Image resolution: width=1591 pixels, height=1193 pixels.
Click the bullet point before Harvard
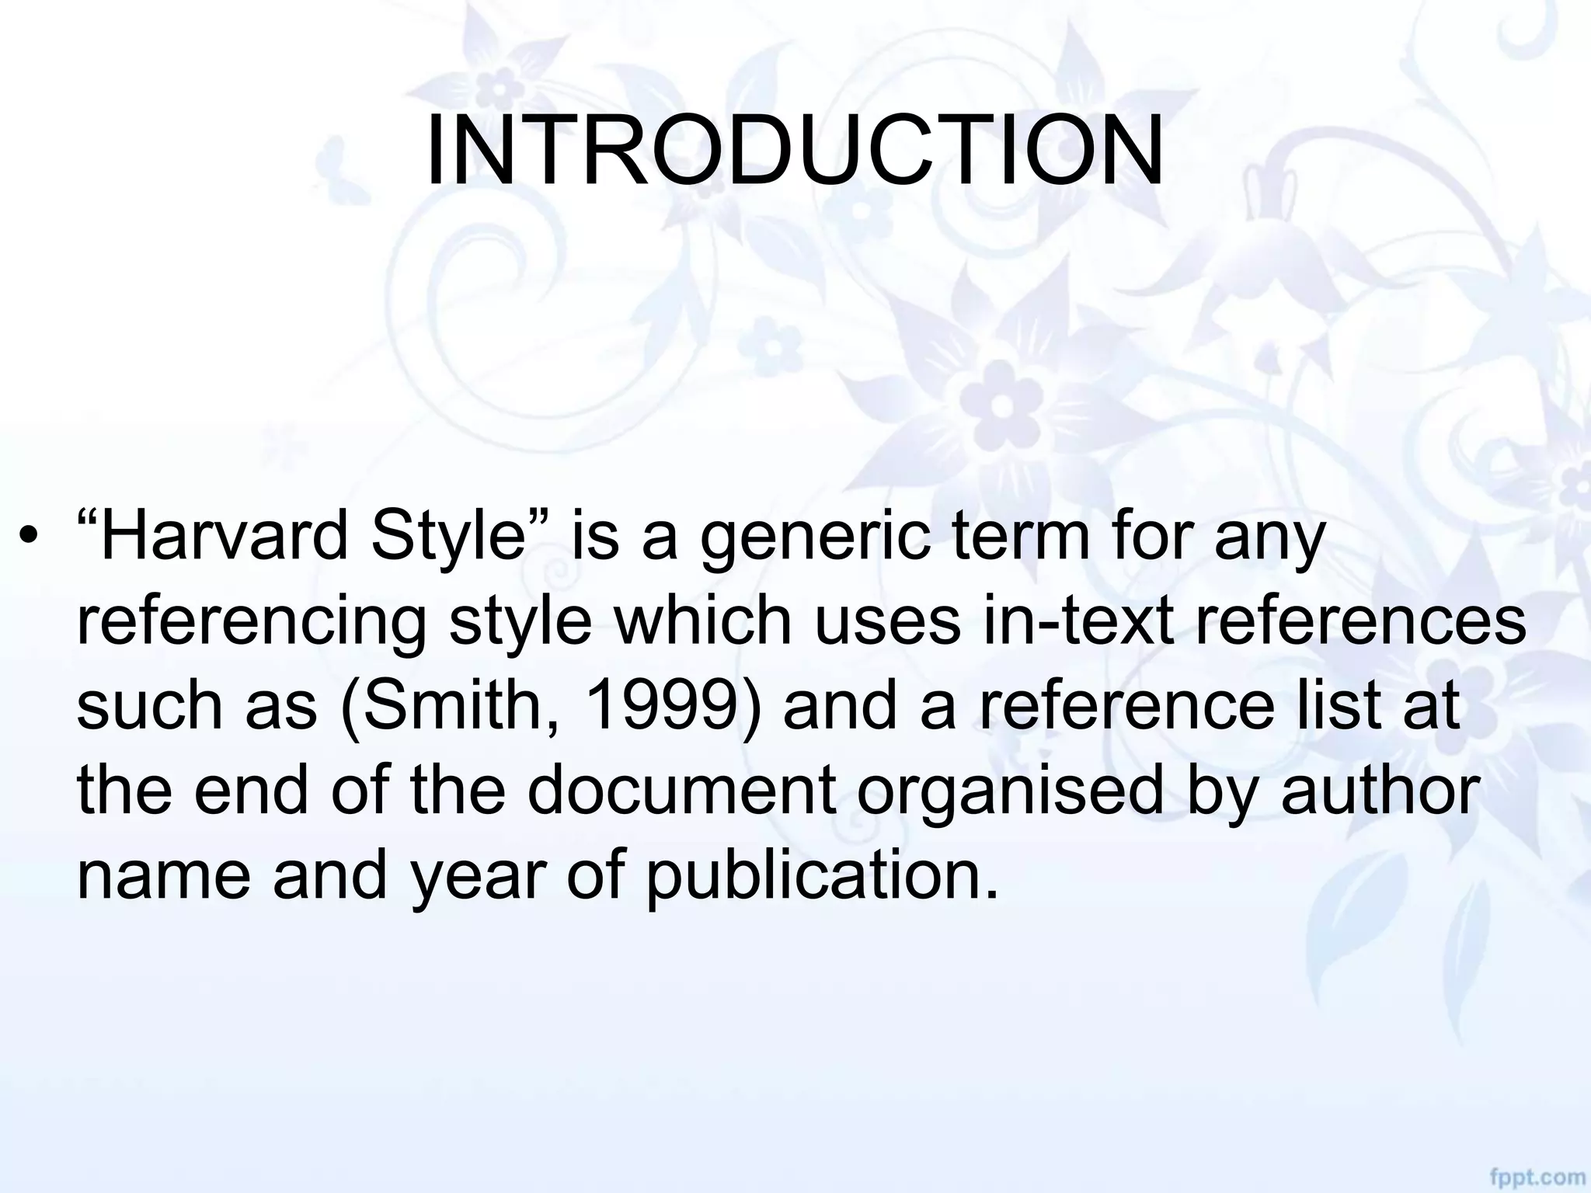click(30, 535)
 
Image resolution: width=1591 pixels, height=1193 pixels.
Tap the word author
click(1380, 791)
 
